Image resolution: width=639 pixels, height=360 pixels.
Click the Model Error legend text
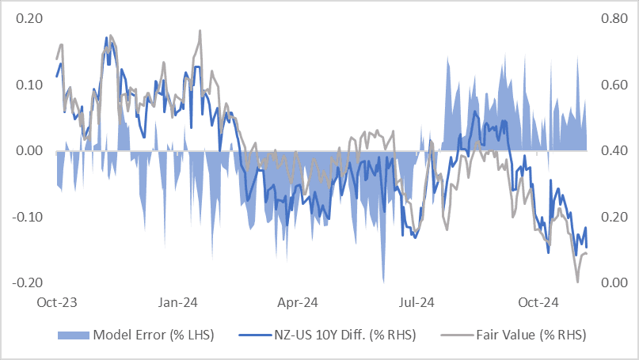(154, 335)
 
